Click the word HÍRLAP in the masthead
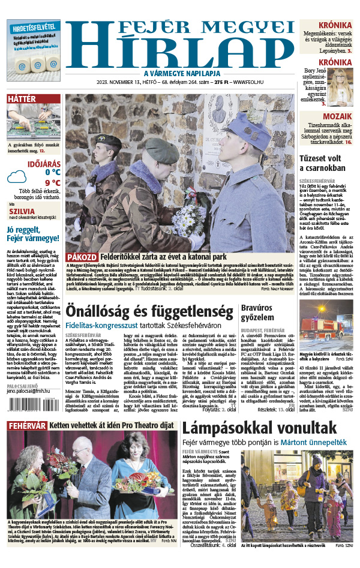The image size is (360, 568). click(179, 53)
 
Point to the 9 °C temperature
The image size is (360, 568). click(52, 183)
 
